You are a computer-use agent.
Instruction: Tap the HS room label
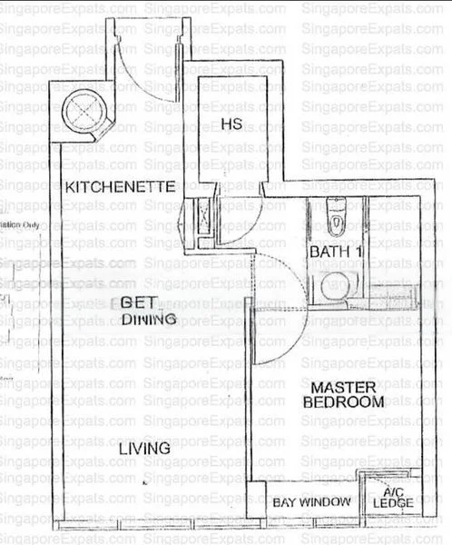point(229,124)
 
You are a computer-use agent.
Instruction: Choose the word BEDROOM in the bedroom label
point(343,401)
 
